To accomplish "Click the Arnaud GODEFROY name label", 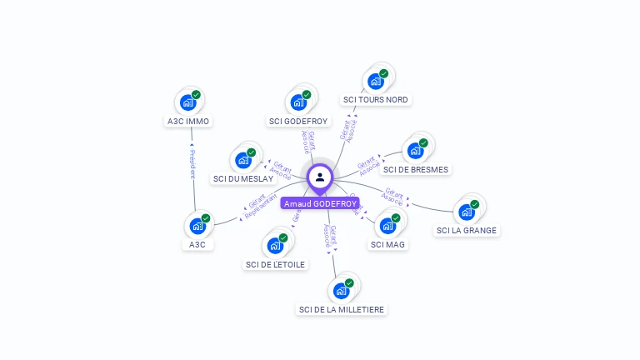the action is (x=320, y=203).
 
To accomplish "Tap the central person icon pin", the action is (x=320, y=177).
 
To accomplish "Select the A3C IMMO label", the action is (x=187, y=121).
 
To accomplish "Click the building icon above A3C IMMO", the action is (x=188, y=103).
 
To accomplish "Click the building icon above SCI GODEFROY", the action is (x=298, y=103).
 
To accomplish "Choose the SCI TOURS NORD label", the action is (x=376, y=99).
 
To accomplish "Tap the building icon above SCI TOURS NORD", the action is (x=375, y=81).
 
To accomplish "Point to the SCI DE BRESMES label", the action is (x=416, y=169).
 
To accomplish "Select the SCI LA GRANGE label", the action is (x=467, y=230).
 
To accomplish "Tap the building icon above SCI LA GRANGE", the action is (x=467, y=212).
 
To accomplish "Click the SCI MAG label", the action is (x=387, y=244).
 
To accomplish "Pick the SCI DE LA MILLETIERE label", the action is (x=342, y=309).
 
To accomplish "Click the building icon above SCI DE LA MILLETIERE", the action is (x=341, y=291).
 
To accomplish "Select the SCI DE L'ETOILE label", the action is (x=276, y=264).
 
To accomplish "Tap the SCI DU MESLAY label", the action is (x=243, y=178).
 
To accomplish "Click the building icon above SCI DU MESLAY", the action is (x=243, y=160).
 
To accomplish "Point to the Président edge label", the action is (x=192, y=163).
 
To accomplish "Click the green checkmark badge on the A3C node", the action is (x=206, y=218).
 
